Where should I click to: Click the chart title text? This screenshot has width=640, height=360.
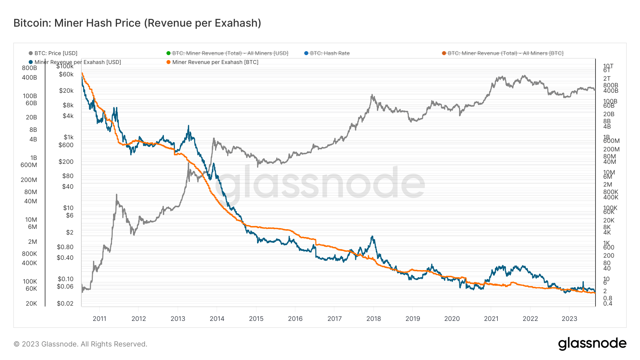(x=137, y=23)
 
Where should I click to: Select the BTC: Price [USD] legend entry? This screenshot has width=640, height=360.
(x=55, y=53)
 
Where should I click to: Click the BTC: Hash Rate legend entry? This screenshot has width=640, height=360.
(x=329, y=53)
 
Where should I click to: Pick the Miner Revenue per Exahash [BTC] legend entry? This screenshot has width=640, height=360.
(x=215, y=62)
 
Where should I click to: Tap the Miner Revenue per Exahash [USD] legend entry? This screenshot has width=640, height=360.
(x=77, y=62)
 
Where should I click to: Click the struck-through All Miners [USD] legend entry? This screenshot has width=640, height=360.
(x=230, y=53)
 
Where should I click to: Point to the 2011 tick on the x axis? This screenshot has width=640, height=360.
(x=100, y=318)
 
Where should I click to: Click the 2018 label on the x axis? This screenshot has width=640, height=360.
(x=373, y=318)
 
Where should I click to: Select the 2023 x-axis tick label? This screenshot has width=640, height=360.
(x=569, y=318)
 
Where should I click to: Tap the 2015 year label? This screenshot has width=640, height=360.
(x=256, y=318)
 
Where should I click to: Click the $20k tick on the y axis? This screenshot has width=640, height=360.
(x=66, y=91)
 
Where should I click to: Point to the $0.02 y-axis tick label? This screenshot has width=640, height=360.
(x=65, y=303)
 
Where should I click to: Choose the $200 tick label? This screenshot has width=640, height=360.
(x=66, y=162)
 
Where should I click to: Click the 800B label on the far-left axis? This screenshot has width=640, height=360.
(x=30, y=68)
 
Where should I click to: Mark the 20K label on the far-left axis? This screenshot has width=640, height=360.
(x=31, y=303)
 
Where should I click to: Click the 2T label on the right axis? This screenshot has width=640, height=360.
(x=607, y=79)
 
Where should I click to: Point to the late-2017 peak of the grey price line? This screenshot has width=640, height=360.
(x=372, y=95)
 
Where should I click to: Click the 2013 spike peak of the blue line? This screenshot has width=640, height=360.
(x=188, y=126)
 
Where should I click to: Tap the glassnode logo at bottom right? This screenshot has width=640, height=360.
(x=592, y=344)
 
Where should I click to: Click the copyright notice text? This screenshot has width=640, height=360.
(x=80, y=344)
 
